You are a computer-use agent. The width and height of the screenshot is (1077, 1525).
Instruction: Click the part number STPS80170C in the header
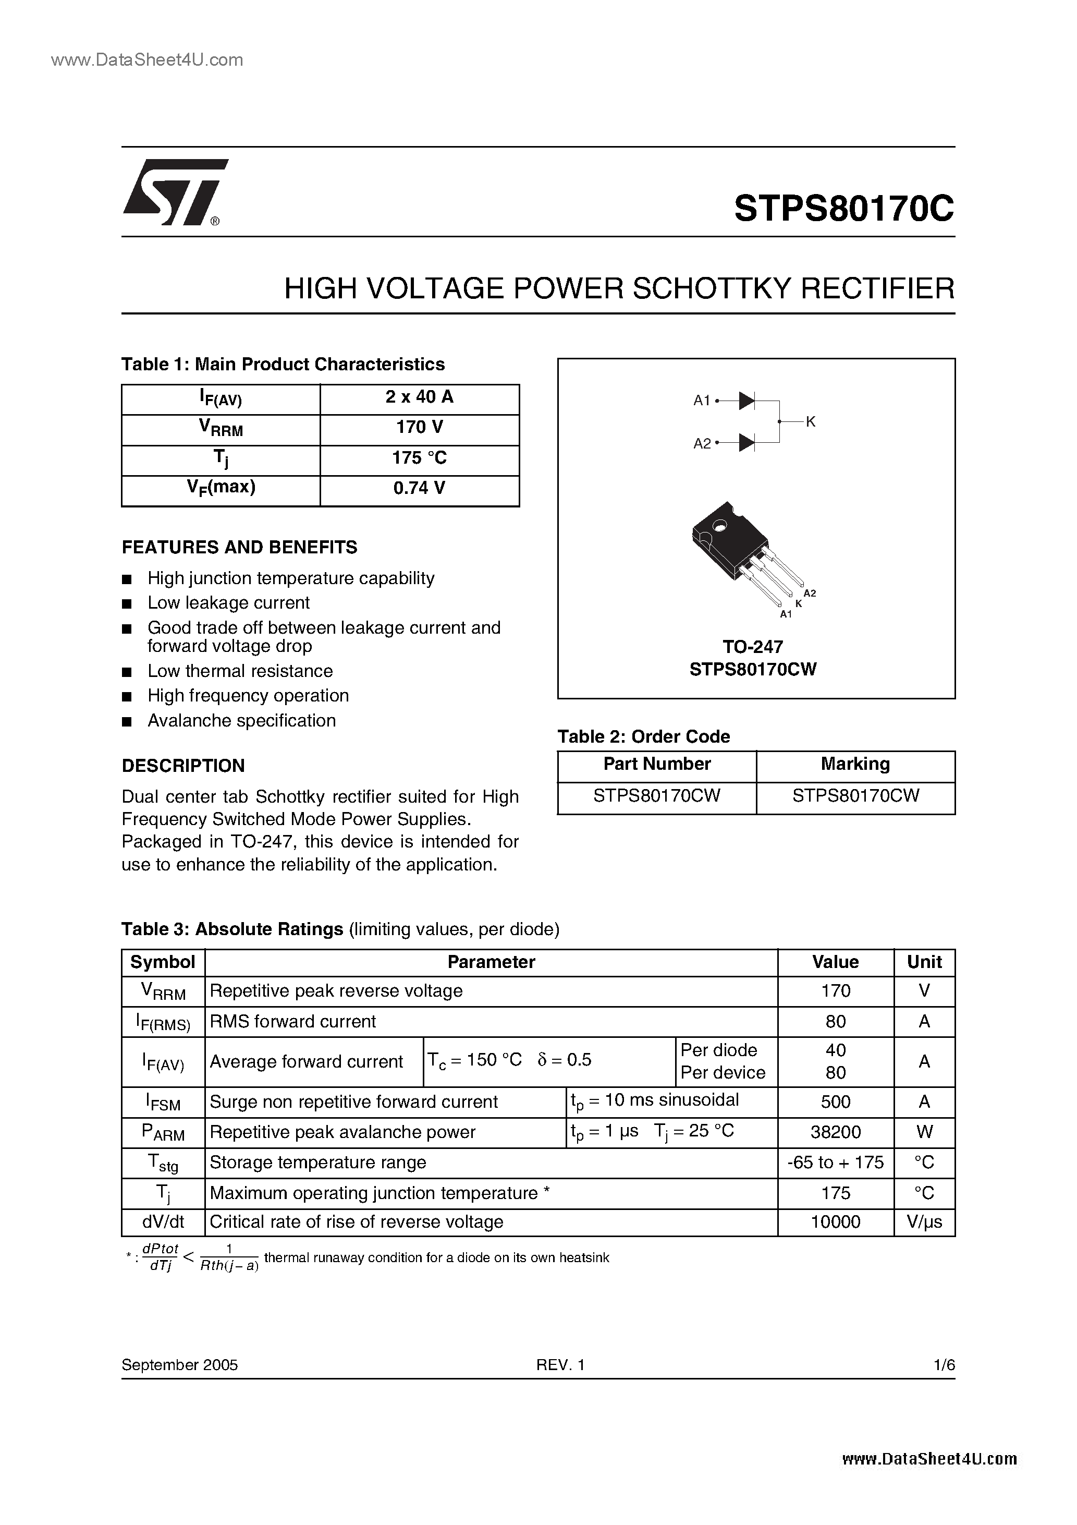843,209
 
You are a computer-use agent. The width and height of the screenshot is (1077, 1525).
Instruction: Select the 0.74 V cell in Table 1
419,488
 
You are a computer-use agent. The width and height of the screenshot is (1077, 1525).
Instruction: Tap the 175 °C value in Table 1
419,457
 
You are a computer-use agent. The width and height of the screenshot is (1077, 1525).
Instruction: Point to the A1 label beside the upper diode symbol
701,401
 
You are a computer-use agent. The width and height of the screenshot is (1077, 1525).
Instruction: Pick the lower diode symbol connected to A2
746,442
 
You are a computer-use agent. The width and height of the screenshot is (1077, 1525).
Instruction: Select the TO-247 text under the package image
752,646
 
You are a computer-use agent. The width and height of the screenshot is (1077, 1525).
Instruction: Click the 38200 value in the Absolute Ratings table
835,1132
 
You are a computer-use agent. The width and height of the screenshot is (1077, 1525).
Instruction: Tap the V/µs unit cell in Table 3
924,1221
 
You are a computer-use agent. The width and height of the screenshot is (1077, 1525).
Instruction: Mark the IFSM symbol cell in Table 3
163,1103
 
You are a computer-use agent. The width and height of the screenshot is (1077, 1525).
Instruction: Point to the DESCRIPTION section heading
183,766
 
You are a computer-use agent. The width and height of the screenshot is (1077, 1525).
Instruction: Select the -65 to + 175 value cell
835,1163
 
